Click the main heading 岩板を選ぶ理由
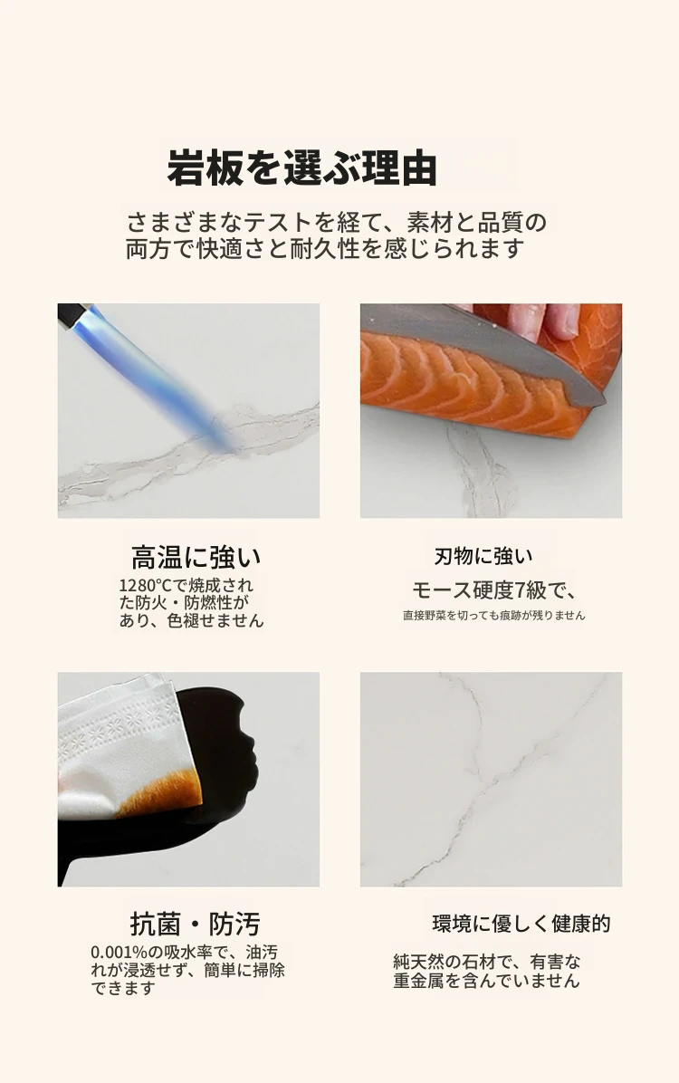coord(301,168)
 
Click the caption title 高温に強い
coord(196,557)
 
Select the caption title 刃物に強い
coord(483,556)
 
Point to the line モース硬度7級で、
coord(494,589)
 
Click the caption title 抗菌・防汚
coord(196,924)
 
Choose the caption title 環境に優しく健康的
coord(521,924)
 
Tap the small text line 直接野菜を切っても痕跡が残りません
coord(494,615)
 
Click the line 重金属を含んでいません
coord(486,981)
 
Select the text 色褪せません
coord(215,620)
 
